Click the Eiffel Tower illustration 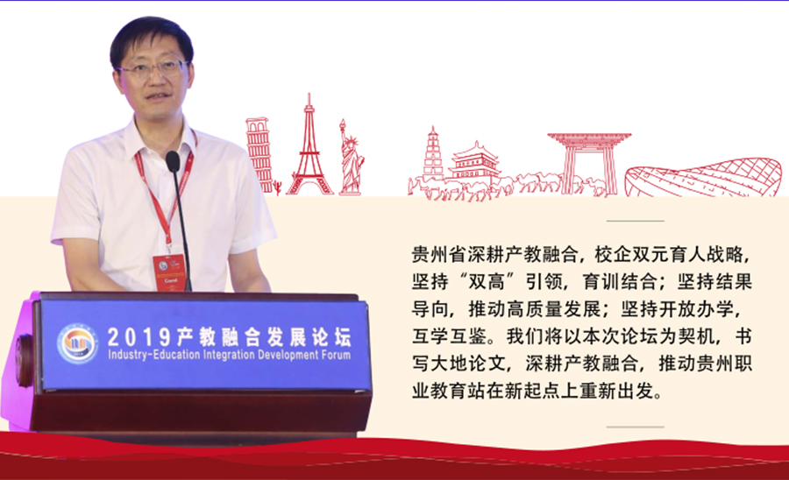309,151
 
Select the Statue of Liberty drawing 351,159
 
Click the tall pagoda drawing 433,152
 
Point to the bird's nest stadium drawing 703,178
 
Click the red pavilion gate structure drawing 589,162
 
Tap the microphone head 173,161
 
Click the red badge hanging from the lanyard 169,273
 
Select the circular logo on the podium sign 77,343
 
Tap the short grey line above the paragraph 635,221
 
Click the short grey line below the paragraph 635,427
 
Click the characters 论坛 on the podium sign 331,337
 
